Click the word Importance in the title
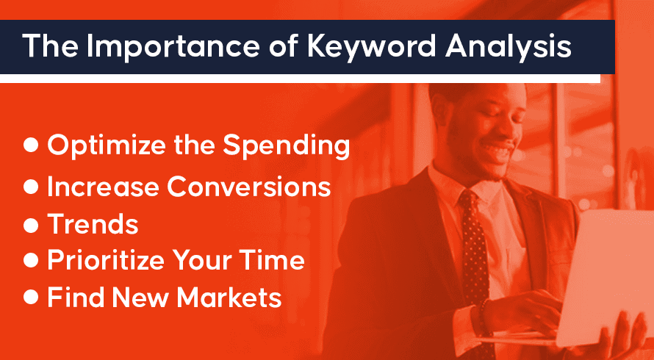pyautogui.click(x=173, y=46)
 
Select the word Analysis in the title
pyautogui.click(x=508, y=46)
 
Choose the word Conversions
pyautogui.click(x=249, y=187)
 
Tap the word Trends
pyautogui.click(x=92, y=224)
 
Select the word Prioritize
pyautogui.click(x=107, y=261)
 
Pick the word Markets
pyautogui.click(x=229, y=298)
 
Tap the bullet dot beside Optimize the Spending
pyautogui.click(x=31, y=145)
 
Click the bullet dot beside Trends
pyautogui.click(x=31, y=226)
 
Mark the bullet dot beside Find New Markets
pyautogui.click(x=31, y=298)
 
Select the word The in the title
pyautogui.click(x=50, y=46)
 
